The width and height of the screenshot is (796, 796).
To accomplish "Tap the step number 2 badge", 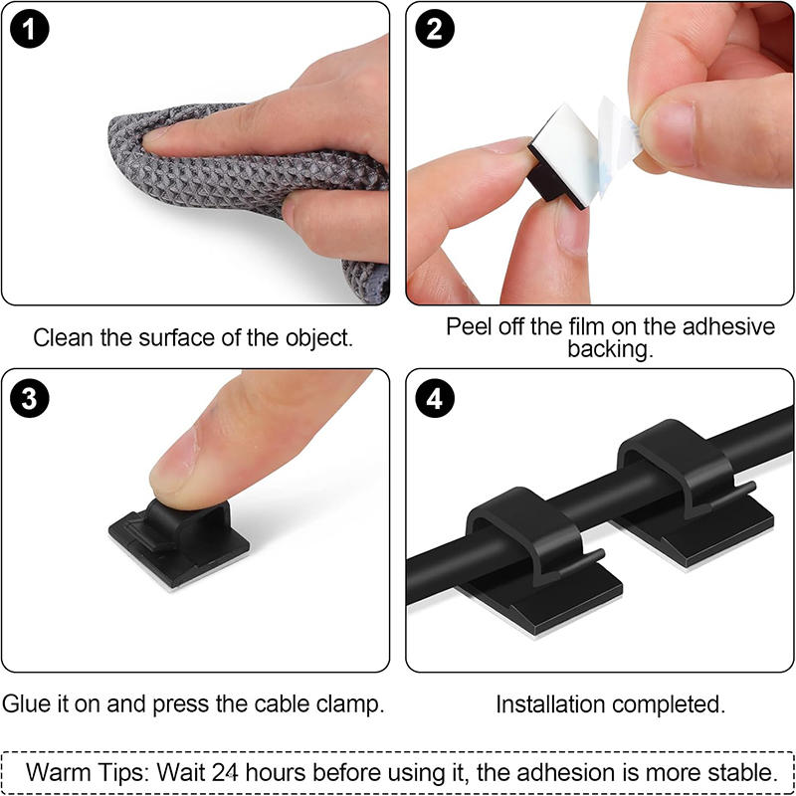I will tap(434, 31).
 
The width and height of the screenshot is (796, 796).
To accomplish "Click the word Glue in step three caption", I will tap(25, 704).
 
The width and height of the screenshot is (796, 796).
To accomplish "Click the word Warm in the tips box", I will tap(59, 771).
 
